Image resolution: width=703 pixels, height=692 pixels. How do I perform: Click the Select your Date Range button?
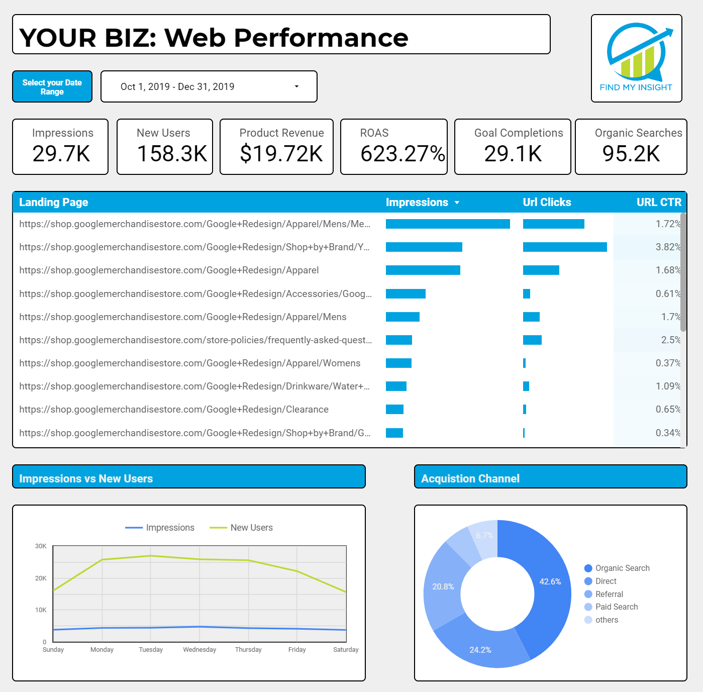click(52, 87)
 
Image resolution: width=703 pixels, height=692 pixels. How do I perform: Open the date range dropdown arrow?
click(296, 86)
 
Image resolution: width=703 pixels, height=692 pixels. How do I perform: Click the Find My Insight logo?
click(636, 58)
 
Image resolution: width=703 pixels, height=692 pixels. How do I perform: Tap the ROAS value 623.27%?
click(403, 154)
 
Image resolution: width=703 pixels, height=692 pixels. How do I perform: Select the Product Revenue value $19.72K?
click(281, 154)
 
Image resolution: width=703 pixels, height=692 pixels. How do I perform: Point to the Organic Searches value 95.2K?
click(631, 154)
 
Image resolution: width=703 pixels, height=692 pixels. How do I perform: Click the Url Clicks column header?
click(547, 202)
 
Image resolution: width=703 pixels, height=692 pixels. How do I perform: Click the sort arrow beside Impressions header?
click(457, 203)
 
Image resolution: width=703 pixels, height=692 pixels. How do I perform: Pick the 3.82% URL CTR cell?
click(668, 247)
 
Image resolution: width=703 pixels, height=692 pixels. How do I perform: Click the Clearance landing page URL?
click(174, 409)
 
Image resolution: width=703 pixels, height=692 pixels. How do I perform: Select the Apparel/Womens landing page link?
click(190, 363)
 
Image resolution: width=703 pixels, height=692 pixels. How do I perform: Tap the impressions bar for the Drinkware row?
click(396, 386)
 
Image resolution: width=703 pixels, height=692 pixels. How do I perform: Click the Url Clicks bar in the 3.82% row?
click(565, 247)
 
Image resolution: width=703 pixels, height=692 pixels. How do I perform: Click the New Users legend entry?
click(251, 528)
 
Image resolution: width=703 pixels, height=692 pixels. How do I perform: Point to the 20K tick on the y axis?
click(41, 578)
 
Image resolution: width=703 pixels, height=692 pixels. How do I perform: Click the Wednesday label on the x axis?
click(199, 649)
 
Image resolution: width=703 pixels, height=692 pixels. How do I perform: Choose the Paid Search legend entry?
click(616, 607)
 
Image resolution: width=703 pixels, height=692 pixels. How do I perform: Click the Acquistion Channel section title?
click(470, 478)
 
